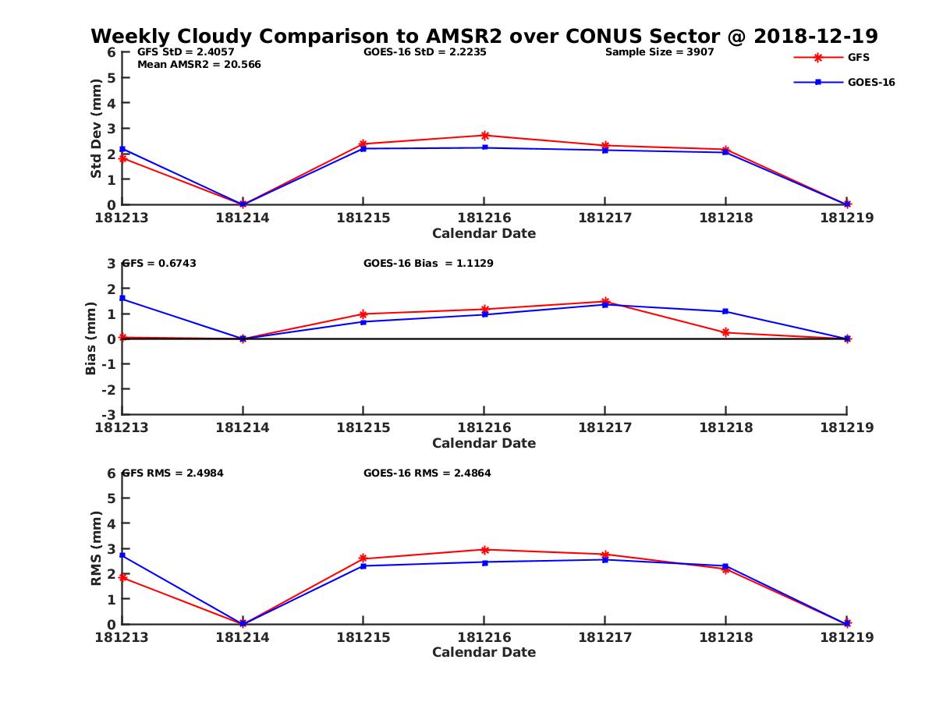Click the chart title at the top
(484, 36)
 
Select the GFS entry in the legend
(858, 57)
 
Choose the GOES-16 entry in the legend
(870, 82)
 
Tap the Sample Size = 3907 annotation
(659, 52)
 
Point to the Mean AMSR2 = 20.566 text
(199, 65)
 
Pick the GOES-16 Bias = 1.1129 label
(428, 264)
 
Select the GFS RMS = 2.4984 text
(172, 473)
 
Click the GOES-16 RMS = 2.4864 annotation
(427, 473)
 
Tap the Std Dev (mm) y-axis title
(96, 129)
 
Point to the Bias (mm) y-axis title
(91, 339)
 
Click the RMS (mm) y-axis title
(96, 548)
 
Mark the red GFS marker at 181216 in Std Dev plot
(484, 136)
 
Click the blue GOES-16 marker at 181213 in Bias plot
(122, 299)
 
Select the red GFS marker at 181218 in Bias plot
(726, 332)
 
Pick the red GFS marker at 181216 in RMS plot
(484, 550)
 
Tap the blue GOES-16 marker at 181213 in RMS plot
(122, 555)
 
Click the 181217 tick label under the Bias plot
(604, 427)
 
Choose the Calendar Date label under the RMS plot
(484, 652)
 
